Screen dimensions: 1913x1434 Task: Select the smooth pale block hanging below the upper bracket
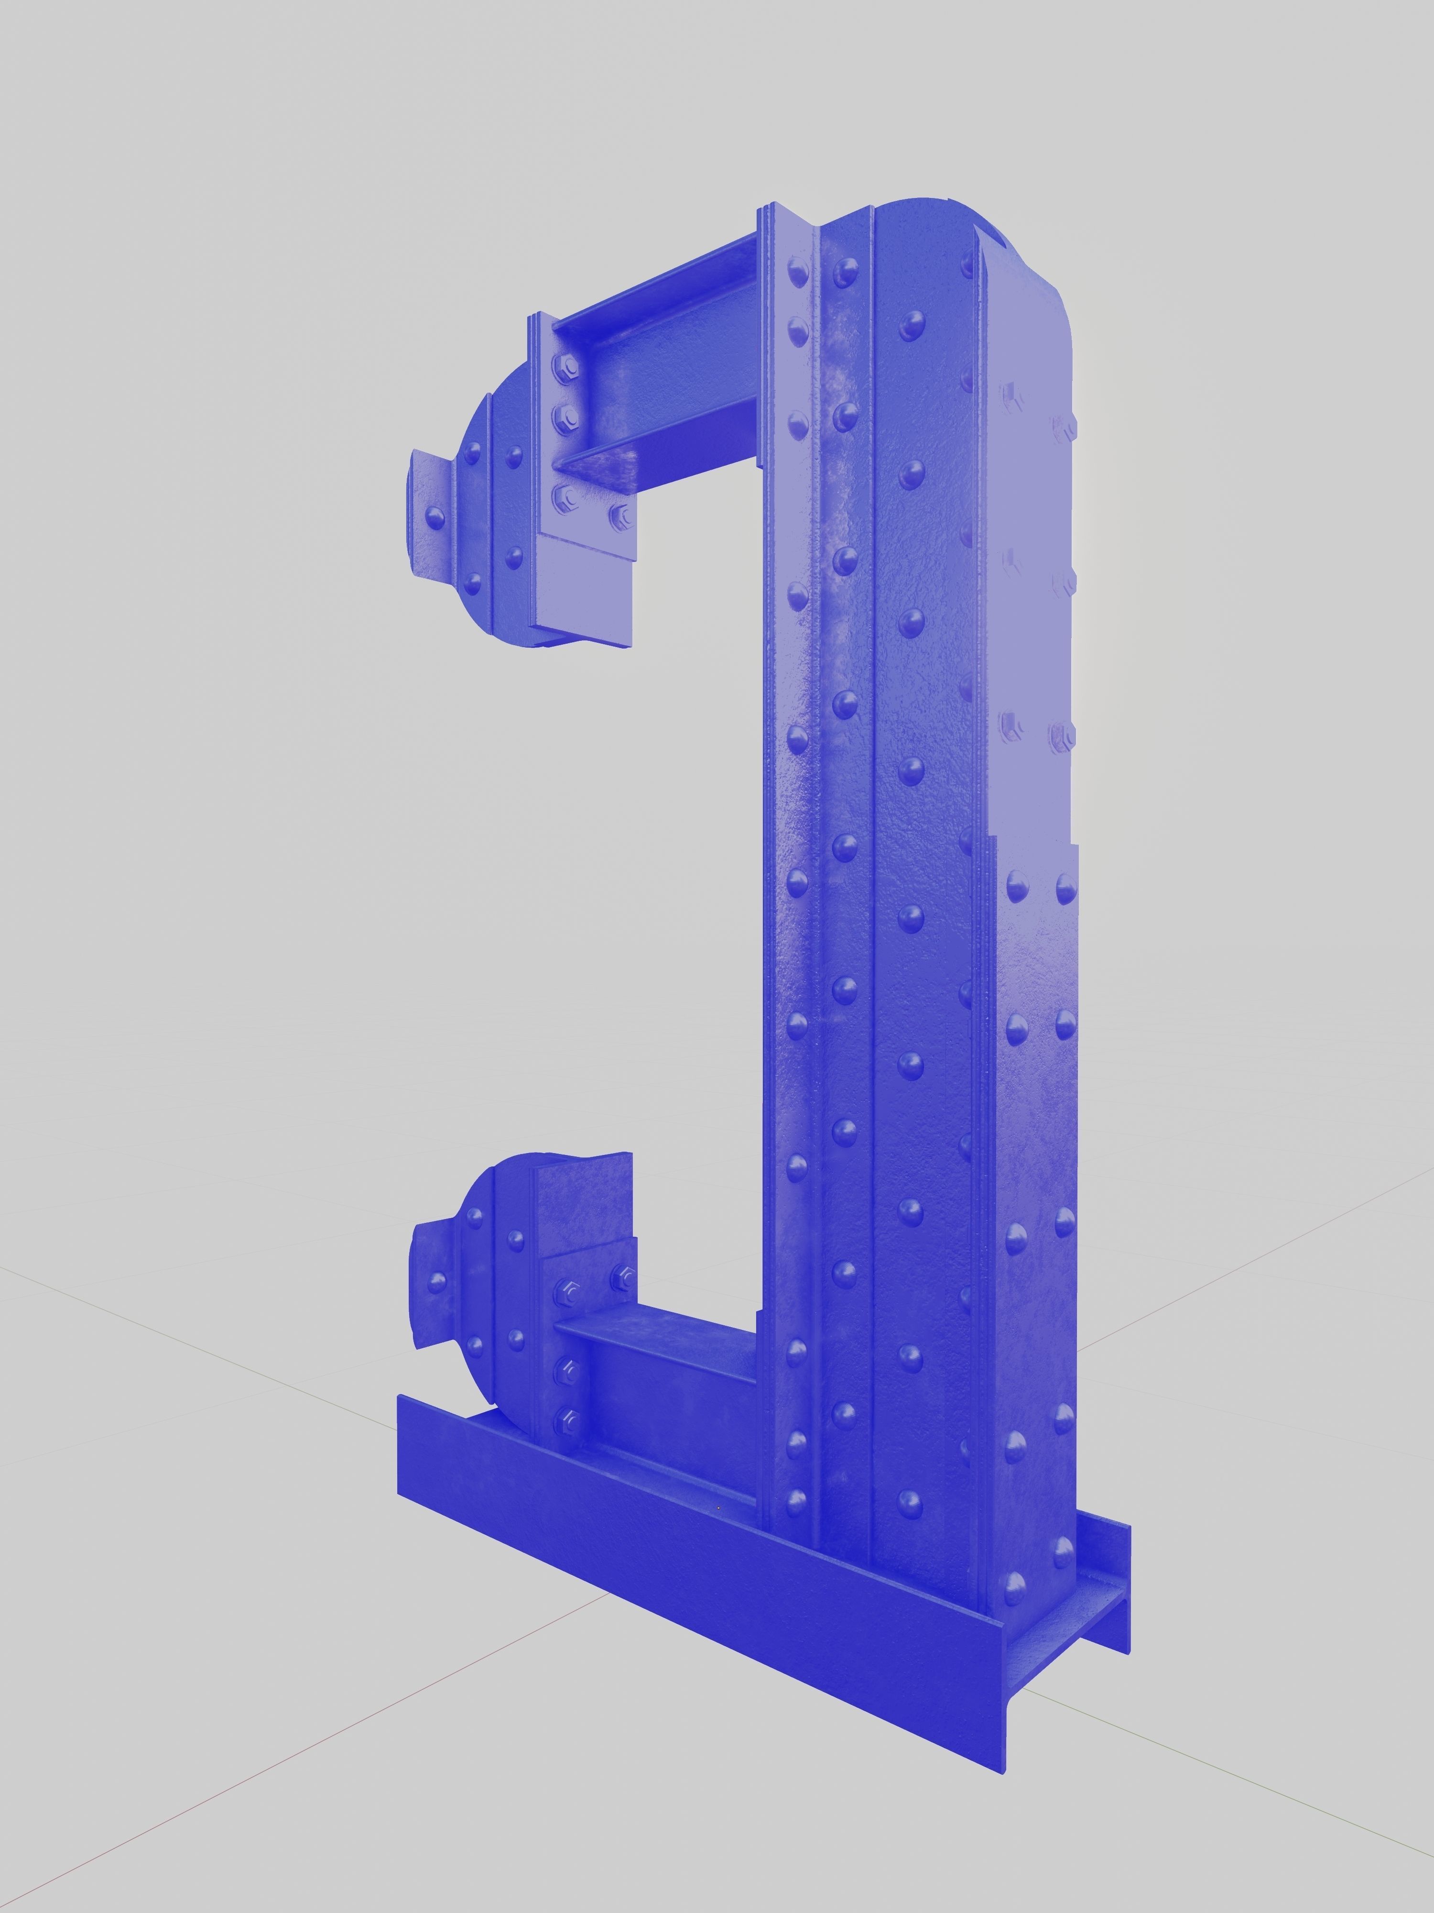point(584,597)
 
